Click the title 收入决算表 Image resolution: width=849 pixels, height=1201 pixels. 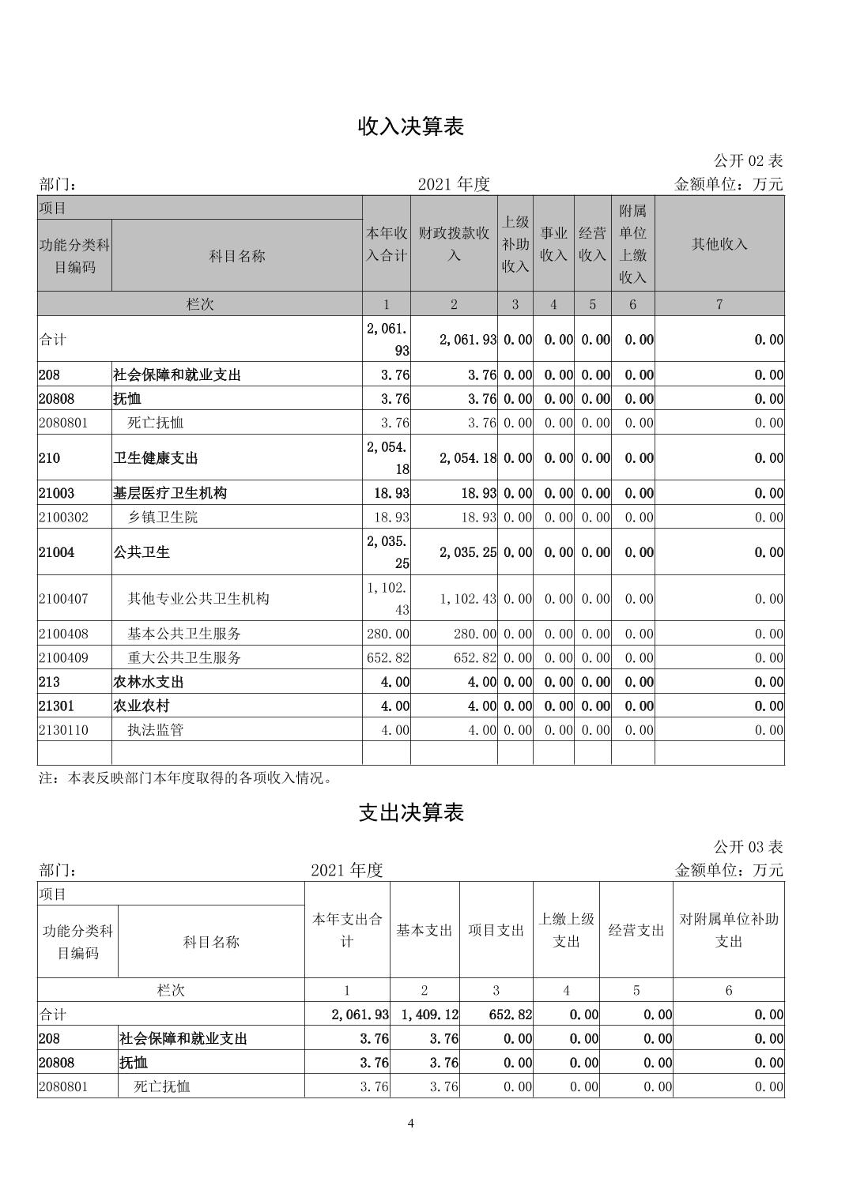[x=411, y=126]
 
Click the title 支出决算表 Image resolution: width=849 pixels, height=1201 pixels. [x=411, y=812]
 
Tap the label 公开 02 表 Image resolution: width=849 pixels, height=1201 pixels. [x=748, y=160]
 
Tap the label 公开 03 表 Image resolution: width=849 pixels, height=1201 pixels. [x=748, y=846]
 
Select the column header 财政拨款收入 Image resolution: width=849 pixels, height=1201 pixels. [x=454, y=244]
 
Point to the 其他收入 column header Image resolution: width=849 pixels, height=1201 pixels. [x=719, y=244]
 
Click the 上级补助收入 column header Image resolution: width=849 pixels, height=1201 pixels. [x=515, y=244]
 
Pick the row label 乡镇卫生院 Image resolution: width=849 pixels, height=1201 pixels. [x=163, y=518]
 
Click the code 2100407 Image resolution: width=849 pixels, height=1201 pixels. [x=64, y=599]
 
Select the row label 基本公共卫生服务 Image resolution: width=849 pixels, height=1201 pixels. [x=184, y=634]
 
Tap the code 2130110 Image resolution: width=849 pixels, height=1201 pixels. [x=64, y=730]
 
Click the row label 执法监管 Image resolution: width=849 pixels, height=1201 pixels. [x=156, y=730]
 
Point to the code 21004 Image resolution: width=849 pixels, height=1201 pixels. [x=56, y=552]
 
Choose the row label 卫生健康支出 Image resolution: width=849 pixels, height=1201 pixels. [x=156, y=458]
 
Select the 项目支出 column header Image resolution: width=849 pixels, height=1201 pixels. [x=496, y=931]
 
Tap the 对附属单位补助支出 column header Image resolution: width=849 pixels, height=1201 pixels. [x=729, y=931]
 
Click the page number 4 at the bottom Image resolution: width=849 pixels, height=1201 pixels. [x=411, y=1124]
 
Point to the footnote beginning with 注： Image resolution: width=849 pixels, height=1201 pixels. [x=186, y=778]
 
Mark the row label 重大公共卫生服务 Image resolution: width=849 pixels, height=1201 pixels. [x=184, y=657]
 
